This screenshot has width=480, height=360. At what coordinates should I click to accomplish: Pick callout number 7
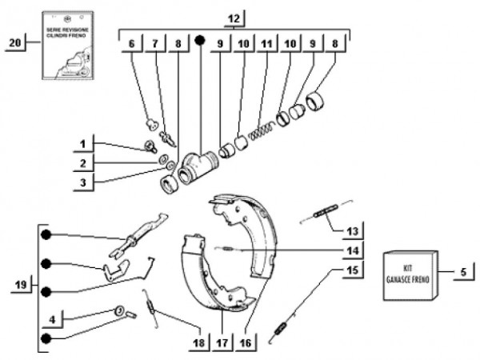tap(156, 45)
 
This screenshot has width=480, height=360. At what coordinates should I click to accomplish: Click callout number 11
tap(266, 45)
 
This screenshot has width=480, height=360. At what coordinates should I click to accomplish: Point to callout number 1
tap(82, 144)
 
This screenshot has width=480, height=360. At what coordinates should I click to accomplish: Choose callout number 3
tap(82, 182)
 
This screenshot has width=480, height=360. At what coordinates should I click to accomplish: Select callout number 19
tap(21, 285)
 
